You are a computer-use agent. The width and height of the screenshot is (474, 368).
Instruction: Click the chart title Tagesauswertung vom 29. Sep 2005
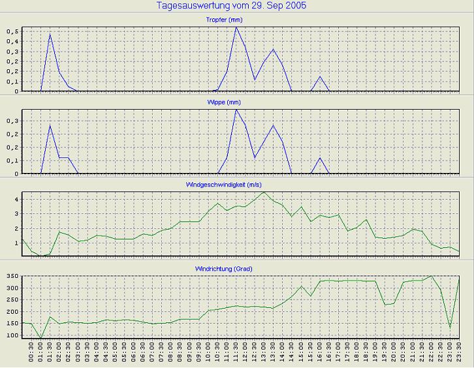(232, 5)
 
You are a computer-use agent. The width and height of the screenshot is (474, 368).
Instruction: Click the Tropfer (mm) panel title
(242, 20)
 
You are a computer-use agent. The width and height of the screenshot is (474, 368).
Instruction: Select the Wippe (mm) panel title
(242, 102)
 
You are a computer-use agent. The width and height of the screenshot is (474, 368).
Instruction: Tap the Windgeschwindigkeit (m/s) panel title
(242, 185)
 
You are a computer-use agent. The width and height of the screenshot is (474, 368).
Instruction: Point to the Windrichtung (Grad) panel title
(242, 268)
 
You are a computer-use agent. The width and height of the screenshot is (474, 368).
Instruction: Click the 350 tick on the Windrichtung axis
(13, 277)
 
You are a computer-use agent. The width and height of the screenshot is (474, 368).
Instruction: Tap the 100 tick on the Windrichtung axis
(13, 335)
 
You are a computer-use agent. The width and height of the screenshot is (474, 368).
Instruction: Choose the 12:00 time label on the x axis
(245, 352)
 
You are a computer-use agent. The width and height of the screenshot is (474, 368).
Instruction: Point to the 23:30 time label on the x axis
(460, 352)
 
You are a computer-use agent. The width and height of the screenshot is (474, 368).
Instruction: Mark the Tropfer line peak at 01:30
(50, 34)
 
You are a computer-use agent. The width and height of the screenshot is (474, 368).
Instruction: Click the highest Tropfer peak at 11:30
(236, 27)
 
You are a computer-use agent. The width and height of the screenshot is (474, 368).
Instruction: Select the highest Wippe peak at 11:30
(236, 109)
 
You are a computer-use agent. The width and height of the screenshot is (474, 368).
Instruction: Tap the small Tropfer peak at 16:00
(320, 76)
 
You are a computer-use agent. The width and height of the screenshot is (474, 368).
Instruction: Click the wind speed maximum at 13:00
(264, 192)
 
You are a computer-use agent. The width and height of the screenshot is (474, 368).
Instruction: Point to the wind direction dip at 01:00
(41, 339)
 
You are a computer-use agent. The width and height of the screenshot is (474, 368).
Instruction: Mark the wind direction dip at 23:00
(450, 328)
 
